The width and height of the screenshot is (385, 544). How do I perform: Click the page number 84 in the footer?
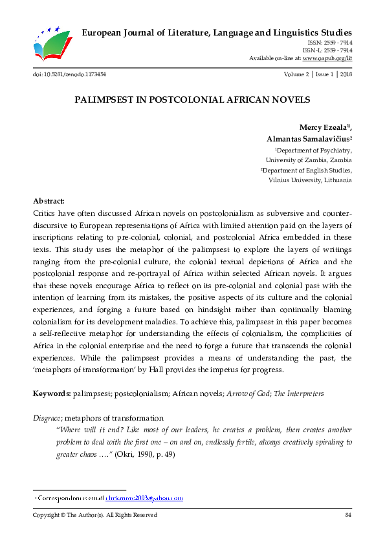coord(347,515)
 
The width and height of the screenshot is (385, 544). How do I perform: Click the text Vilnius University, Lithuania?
coord(310,180)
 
